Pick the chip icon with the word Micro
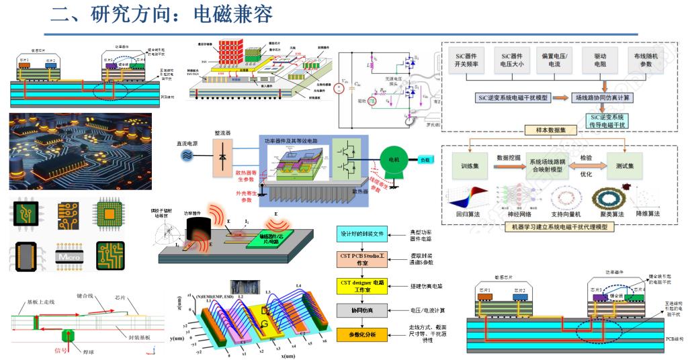coord(69,256)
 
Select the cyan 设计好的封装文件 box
coord(362,234)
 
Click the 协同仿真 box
coord(362,310)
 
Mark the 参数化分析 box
coord(362,335)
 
